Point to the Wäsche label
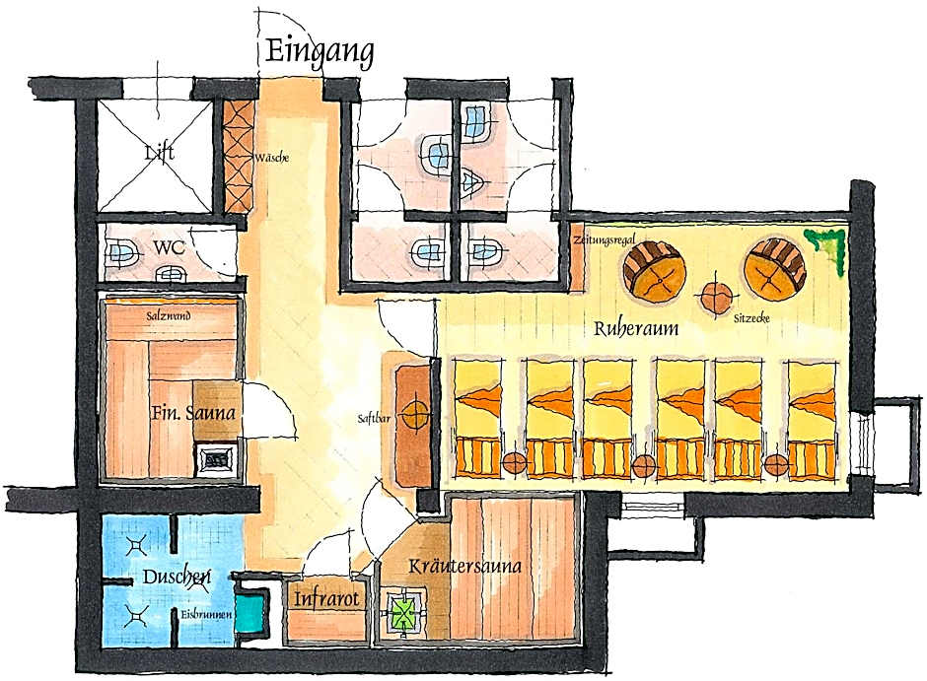click(x=271, y=158)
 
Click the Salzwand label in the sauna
click(x=169, y=317)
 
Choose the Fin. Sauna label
click(x=193, y=414)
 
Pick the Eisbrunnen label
click(x=206, y=616)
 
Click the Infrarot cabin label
click(x=323, y=598)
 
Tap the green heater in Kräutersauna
click(x=401, y=612)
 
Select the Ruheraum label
click(x=635, y=329)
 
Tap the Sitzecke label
click(x=751, y=320)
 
